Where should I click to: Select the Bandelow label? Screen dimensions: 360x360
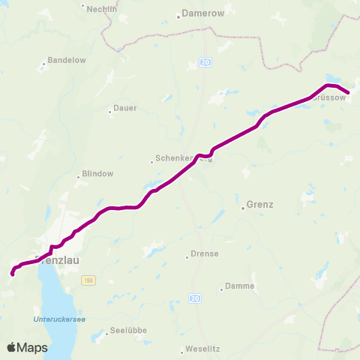tap(62, 60)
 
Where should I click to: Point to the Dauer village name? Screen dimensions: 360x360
tap(124, 108)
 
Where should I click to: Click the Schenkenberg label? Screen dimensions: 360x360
tap(183, 159)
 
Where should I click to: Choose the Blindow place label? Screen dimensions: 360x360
tap(96, 173)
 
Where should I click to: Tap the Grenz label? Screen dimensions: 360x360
tap(259, 204)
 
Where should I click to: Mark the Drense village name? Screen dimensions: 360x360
tap(204, 253)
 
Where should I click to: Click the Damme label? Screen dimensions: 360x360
tap(241, 286)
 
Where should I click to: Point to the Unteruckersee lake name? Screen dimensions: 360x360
tap(59, 319)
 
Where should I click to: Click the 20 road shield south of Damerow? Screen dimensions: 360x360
tap(205, 63)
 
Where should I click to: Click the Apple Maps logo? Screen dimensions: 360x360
tap(27, 347)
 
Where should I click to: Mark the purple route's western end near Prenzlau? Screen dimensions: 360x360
tap(12, 274)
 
